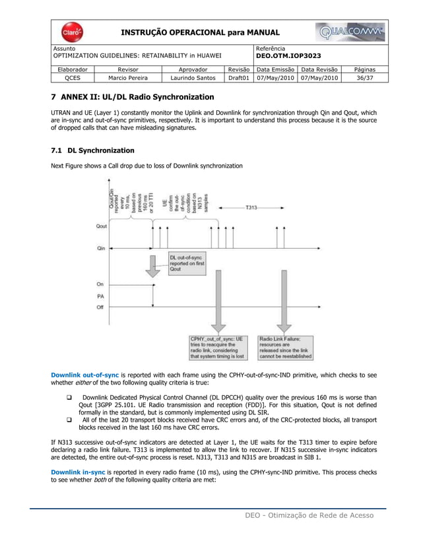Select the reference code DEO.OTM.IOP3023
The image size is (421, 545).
[289, 57]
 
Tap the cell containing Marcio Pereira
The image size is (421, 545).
[128, 77]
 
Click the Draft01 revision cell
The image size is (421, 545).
[238, 77]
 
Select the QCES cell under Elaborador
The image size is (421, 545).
[73, 77]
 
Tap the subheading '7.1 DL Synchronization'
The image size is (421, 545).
[92, 150]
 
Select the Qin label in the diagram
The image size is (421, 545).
[100, 249]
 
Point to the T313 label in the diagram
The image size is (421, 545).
[252, 207]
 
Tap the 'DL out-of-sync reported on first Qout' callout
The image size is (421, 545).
[187, 263]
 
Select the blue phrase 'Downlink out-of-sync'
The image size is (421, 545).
[81, 375]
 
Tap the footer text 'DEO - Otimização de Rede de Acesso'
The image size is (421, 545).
[306, 515]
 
